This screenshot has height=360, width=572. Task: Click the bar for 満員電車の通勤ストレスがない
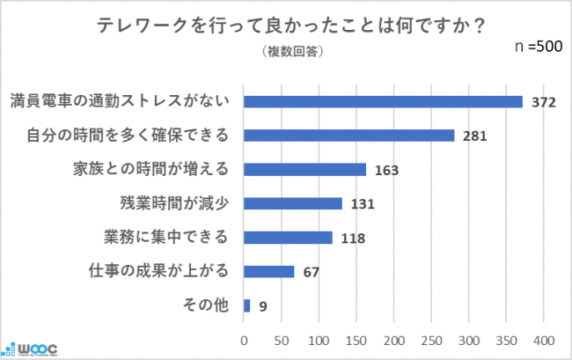pyautogui.click(x=383, y=101)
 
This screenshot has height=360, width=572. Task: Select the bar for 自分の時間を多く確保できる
pyautogui.click(x=348, y=136)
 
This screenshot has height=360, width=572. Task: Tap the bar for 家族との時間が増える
pyautogui.click(x=304, y=170)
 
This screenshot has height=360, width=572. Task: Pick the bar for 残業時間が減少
pyautogui.click(x=292, y=203)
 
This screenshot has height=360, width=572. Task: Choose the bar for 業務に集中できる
pyautogui.click(x=288, y=238)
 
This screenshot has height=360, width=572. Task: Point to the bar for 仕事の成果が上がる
pyautogui.click(x=268, y=271)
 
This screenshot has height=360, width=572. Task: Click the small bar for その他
pyautogui.click(x=247, y=305)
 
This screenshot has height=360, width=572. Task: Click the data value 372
pyautogui.click(x=544, y=102)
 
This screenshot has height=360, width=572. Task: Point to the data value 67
pyautogui.click(x=312, y=272)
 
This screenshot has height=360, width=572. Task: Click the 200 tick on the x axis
pyautogui.click(x=393, y=340)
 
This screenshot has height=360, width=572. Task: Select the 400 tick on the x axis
pyautogui.click(x=543, y=340)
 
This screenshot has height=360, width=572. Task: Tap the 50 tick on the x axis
pyautogui.click(x=281, y=340)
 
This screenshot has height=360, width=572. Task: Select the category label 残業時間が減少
pyautogui.click(x=174, y=203)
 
